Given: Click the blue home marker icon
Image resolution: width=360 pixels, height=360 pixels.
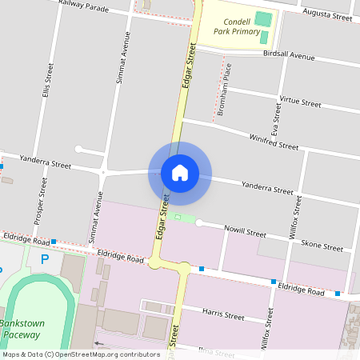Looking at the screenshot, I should [x=180, y=173].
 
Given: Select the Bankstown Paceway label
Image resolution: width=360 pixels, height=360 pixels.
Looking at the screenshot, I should [x=22, y=328].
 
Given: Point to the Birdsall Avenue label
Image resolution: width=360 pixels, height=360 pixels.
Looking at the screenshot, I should [x=289, y=56].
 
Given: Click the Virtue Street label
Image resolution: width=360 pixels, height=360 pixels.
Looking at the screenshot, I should [x=300, y=102].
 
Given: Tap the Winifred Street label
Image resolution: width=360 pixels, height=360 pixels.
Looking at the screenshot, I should [x=274, y=142].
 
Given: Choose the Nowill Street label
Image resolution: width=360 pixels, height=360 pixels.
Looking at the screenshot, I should [x=245, y=232].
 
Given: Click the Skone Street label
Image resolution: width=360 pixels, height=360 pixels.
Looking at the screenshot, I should [x=322, y=246].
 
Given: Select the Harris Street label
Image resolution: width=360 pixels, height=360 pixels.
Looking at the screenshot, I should [x=223, y=312].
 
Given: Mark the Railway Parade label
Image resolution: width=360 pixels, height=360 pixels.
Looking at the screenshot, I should [x=85, y=7].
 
